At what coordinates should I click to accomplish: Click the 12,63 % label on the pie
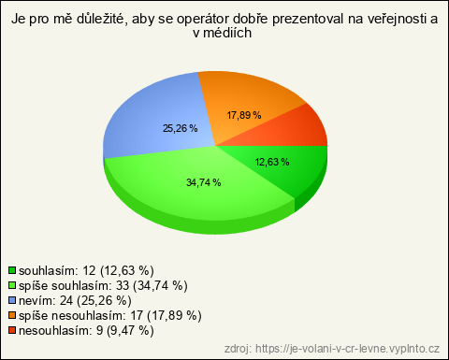point(272,162)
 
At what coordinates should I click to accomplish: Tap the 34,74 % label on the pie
point(204,182)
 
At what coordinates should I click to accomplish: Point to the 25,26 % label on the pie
point(181,128)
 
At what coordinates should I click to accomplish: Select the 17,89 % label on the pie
point(244,115)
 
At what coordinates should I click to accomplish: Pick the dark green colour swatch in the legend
point(12,270)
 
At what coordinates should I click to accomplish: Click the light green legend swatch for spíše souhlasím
point(12,285)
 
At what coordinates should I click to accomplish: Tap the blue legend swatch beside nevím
point(12,300)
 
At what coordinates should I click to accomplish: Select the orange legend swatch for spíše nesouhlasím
point(12,315)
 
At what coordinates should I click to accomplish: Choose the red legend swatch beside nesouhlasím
point(12,330)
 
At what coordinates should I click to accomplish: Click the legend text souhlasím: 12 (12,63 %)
point(86,270)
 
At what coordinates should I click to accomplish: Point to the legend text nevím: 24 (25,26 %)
point(75,300)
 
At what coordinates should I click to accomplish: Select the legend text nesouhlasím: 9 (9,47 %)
point(86,330)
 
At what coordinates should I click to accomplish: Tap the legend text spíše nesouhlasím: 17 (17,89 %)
point(110,315)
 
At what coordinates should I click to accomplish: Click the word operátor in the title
point(201,19)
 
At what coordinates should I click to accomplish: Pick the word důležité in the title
point(102,19)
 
